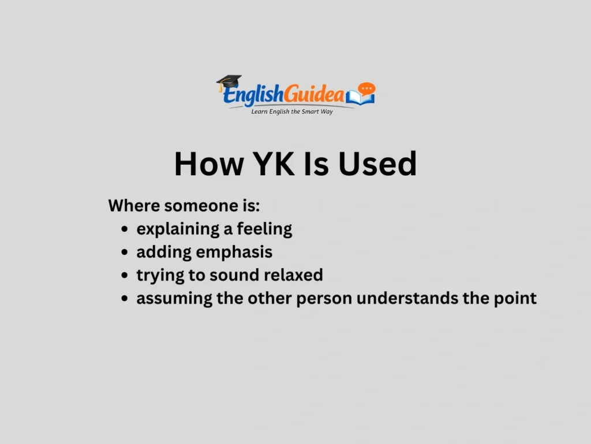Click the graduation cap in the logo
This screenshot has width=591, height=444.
pyautogui.click(x=229, y=83)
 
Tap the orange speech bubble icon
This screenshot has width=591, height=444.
pyautogui.click(x=366, y=90)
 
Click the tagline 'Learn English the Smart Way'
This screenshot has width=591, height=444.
pyautogui.click(x=292, y=112)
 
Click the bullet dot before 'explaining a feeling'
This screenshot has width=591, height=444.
pyautogui.click(x=125, y=230)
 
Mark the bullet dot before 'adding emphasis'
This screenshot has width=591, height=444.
pyautogui.click(x=125, y=253)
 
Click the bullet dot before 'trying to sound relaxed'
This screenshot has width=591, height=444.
pyautogui.click(x=125, y=276)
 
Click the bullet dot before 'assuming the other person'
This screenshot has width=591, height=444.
pyautogui.click(x=125, y=299)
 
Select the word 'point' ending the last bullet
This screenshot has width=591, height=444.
pyautogui.click(x=517, y=298)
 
